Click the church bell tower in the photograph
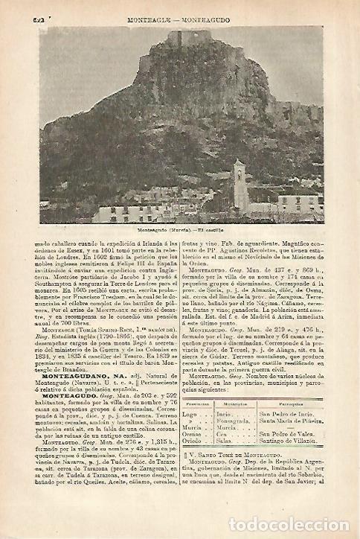239,185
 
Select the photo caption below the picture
181,229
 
